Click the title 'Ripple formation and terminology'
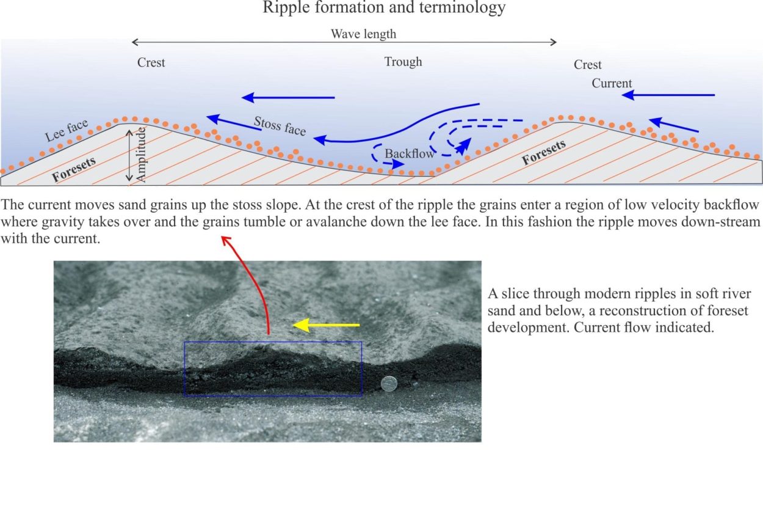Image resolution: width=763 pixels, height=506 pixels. pyautogui.click(x=384, y=7)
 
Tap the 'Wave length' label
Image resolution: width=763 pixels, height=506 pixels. pyautogui.click(x=363, y=34)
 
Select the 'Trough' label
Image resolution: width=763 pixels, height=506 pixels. pyautogui.click(x=403, y=62)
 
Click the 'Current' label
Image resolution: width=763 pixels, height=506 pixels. pyautogui.click(x=612, y=83)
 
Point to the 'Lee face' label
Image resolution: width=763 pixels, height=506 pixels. pyautogui.click(x=67, y=131)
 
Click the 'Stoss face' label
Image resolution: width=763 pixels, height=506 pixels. pyautogui.click(x=280, y=126)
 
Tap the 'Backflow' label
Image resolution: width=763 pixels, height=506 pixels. pyautogui.click(x=410, y=154)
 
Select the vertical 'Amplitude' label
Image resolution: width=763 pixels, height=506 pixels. pyautogui.click(x=140, y=155)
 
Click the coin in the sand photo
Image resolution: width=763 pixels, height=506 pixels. pyautogui.click(x=389, y=384)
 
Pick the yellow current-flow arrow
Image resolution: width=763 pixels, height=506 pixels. pyautogui.click(x=326, y=325)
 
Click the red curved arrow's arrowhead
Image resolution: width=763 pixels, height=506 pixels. pyautogui.click(x=225, y=240)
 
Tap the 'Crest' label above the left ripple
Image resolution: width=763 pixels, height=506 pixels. pyautogui.click(x=151, y=63)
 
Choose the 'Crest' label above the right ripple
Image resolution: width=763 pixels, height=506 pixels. pyautogui.click(x=588, y=65)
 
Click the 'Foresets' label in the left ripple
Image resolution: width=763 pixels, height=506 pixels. pyautogui.click(x=74, y=170)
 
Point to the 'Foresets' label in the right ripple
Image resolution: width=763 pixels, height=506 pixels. pyautogui.click(x=544, y=152)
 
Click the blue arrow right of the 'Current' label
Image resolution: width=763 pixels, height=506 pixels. pyautogui.click(x=668, y=95)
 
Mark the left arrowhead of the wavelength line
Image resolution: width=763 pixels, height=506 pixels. pyautogui.click(x=134, y=42)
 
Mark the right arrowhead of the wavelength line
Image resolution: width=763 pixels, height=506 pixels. pyautogui.click(x=554, y=42)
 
